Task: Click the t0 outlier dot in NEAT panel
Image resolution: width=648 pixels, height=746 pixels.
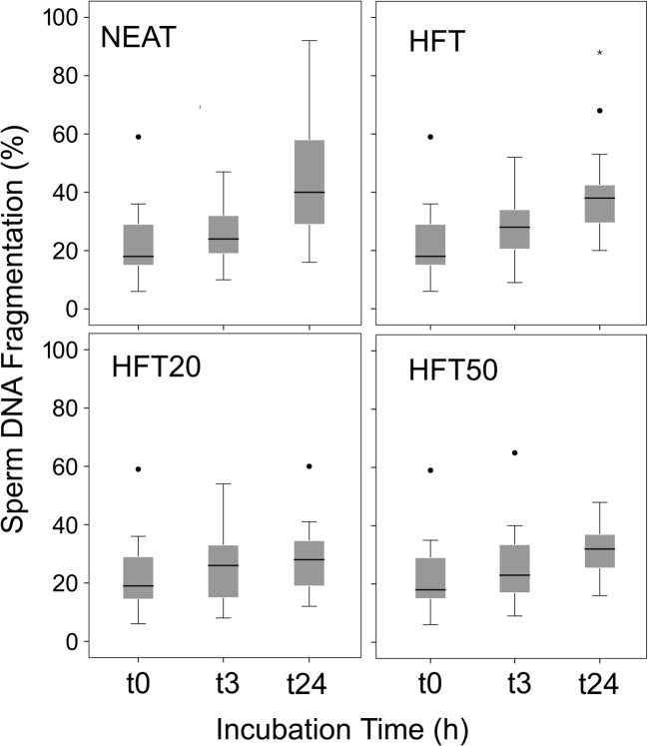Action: coord(139,136)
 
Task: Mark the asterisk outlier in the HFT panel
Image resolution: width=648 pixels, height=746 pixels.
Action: coord(599,53)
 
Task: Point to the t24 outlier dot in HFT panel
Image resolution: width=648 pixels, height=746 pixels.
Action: coord(599,111)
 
